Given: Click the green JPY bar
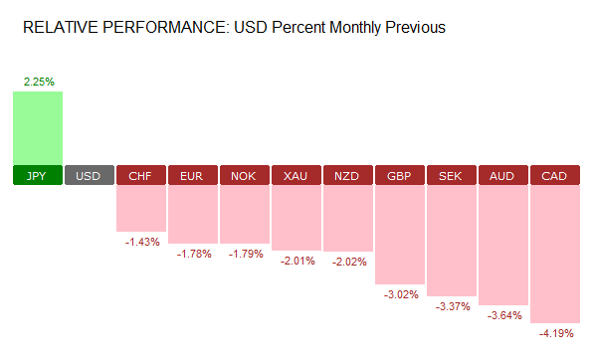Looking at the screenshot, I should point(38,126).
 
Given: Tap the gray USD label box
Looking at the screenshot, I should point(90,176).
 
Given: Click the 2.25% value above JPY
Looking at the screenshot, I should point(38,81).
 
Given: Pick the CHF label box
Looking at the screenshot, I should point(141,176).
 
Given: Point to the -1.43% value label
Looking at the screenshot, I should point(141,243).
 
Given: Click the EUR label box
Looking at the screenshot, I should point(193,176).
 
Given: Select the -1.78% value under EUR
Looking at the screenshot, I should point(193,254).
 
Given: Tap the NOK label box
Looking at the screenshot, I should point(245,176).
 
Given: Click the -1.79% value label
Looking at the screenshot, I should point(245,254).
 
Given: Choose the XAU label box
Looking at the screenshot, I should point(296,176).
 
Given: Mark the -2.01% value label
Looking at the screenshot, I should point(296,261).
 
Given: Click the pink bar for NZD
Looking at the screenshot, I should point(348,219).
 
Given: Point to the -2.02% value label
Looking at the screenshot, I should point(348,262).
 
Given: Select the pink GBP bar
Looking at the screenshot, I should point(400,235).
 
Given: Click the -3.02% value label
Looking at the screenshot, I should point(400,294).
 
